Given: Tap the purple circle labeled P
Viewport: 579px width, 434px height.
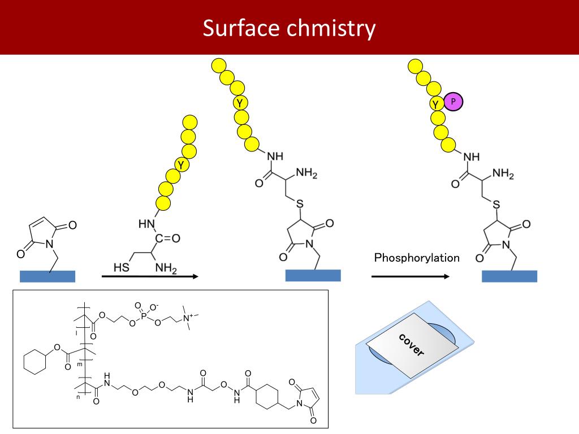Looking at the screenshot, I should point(453,102).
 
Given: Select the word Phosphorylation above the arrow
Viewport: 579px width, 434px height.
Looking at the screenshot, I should point(417,258).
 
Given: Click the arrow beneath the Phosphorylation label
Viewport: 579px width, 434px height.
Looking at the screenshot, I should point(411,276).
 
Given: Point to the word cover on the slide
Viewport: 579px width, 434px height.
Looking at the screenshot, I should point(411,345).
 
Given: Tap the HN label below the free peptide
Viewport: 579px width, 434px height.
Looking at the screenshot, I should point(146,225).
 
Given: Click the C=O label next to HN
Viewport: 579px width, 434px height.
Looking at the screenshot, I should point(168,238).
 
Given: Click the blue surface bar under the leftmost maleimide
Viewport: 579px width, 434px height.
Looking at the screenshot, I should point(47,276).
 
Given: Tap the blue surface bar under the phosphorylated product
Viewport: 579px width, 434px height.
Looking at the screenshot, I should point(509,276).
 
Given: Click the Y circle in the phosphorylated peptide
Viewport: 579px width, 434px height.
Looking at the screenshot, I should point(435,103).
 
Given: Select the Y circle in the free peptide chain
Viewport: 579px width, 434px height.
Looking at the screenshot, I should point(181,164).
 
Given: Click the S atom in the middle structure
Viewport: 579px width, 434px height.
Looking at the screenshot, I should point(299,203).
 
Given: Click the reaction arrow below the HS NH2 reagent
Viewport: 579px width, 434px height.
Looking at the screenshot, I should point(150,276).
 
